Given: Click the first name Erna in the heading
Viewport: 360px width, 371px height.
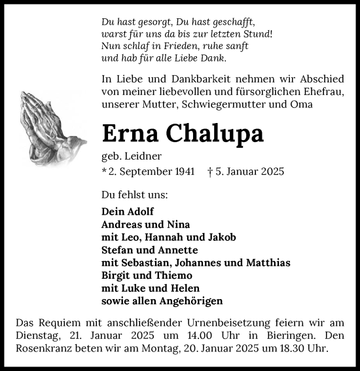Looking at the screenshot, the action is click(x=130, y=133).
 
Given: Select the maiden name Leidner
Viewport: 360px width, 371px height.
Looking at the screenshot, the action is click(x=144, y=156).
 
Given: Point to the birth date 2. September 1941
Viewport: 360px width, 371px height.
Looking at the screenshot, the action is click(x=152, y=171).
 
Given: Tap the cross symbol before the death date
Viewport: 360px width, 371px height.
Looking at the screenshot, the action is click(x=209, y=171).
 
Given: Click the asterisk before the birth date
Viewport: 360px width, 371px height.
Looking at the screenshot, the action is click(x=105, y=171).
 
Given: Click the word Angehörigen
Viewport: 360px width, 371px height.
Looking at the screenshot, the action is click(x=190, y=301).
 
